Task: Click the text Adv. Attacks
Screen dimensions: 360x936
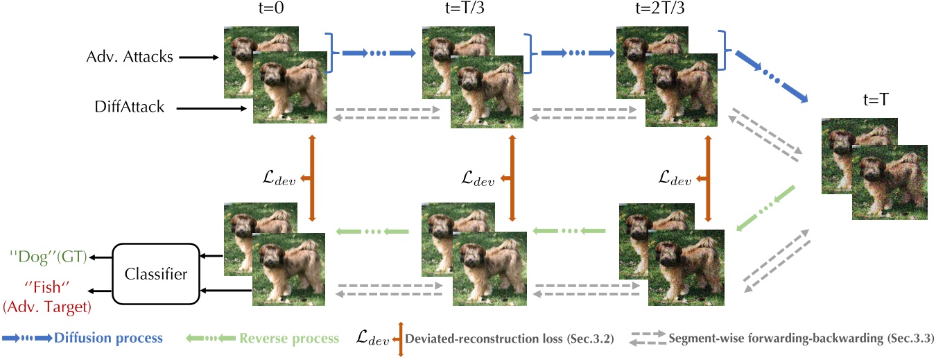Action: [130, 57]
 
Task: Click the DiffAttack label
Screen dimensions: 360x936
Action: [129, 107]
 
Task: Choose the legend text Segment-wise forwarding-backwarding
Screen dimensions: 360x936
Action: [801, 339]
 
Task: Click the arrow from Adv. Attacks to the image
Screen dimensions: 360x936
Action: [198, 58]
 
